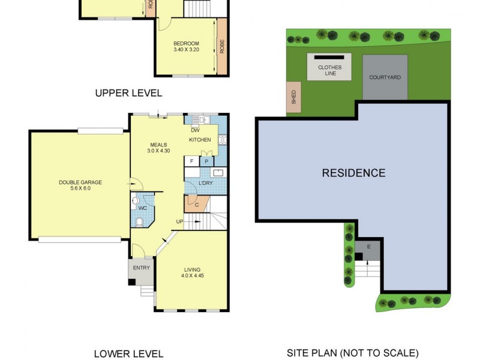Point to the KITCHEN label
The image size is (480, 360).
coord(200,140)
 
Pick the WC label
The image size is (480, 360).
coord(142,208)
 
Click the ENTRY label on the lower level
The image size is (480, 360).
coord(141,268)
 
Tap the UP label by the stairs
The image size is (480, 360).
coord(179,222)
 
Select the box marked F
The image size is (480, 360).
coord(191,161)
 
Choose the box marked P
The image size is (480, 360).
coord(206,161)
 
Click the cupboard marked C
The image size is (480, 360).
coord(197,205)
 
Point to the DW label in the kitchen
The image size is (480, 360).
coord(195,130)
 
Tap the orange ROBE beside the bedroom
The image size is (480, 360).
coord(222,46)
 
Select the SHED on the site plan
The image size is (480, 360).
coord(294,98)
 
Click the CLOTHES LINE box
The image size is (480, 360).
coord(329,68)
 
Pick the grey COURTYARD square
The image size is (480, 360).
coord(385,77)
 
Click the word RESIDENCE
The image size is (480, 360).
coord(353,173)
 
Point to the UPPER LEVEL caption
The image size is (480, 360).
coord(128,93)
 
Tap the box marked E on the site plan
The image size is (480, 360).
coord(368,247)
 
